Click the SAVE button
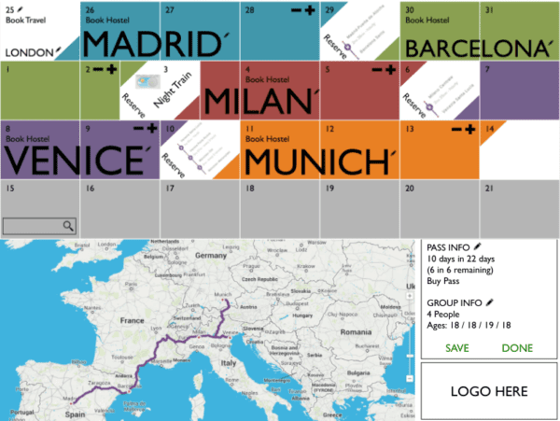(x=457, y=348)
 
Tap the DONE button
(x=517, y=348)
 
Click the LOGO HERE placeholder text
(x=489, y=391)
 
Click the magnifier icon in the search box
(x=68, y=226)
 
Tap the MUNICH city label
(x=317, y=161)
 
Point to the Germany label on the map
(x=211, y=254)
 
